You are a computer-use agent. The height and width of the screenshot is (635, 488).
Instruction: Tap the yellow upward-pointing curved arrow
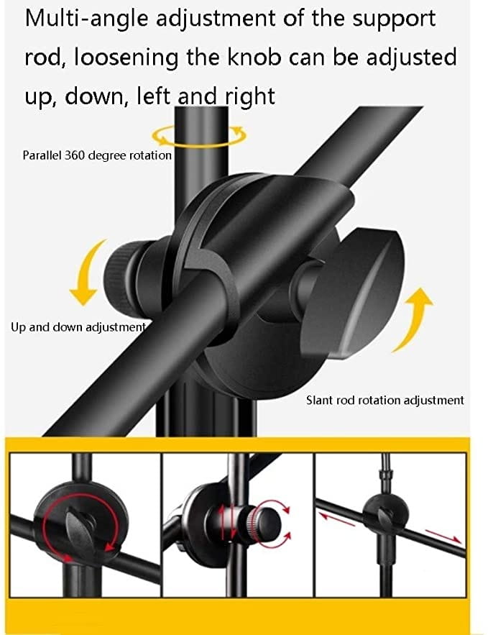click(x=412, y=320)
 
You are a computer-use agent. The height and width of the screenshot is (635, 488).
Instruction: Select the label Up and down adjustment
click(x=78, y=326)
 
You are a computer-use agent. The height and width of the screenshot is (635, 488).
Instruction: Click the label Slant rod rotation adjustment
click(x=385, y=400)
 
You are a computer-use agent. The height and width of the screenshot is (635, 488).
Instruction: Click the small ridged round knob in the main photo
click(x=126, y=280)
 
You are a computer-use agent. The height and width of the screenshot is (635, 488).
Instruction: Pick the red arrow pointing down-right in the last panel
click(x=443, y=536)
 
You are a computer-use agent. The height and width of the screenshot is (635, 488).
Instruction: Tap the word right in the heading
click(x=250, y=97)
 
